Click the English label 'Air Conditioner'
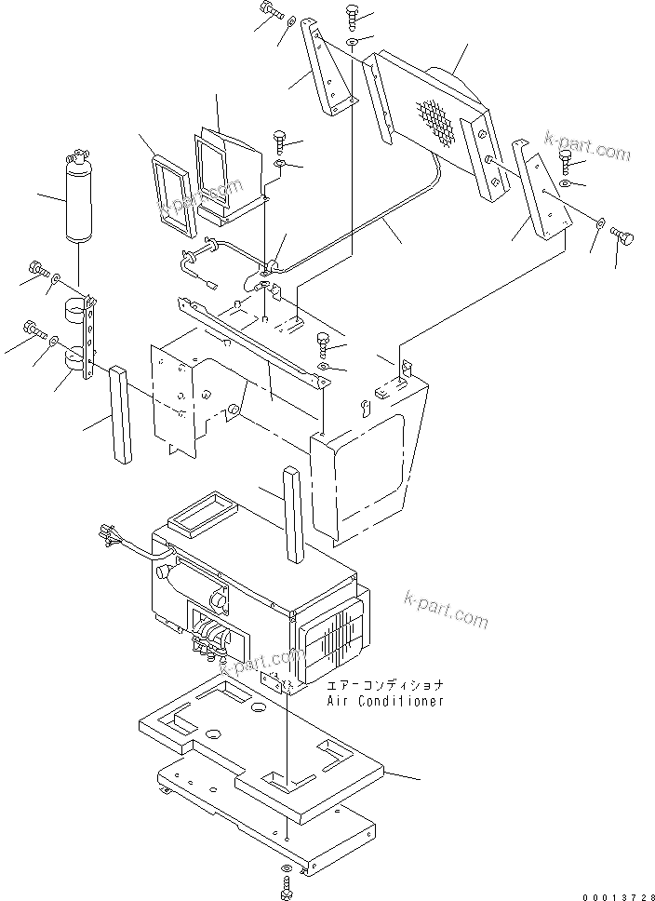coord(384,701)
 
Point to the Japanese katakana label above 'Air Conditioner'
coord(384,685)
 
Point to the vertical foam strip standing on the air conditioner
coord(294,513)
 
